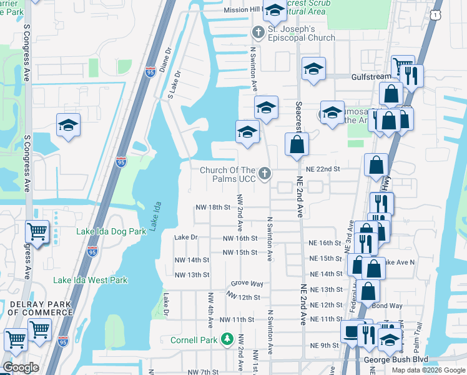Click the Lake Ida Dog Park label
point(111,231)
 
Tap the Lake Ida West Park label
point(91,280)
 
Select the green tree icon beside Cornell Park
point(228,340)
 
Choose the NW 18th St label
point(213,207)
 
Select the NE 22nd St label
point(323,169)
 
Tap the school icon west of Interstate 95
point(69,125)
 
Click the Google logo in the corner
point(21,368)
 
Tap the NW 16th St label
point(240,238)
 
